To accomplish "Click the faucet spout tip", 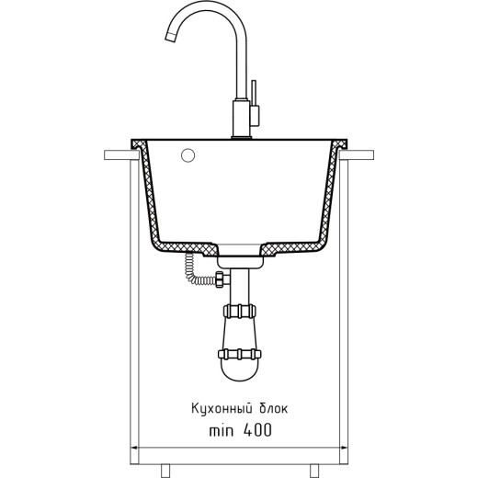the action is [170, 38].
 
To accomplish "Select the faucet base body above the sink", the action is [242, 119].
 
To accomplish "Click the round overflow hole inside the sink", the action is [188, 155].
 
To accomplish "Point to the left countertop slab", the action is [121, 155].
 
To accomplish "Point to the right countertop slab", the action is [357, 155].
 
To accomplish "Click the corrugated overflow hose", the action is [196, 271].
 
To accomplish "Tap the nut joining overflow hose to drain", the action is [221, 279].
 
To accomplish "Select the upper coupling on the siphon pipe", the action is [240, 312].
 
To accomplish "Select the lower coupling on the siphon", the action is [240, 354].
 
